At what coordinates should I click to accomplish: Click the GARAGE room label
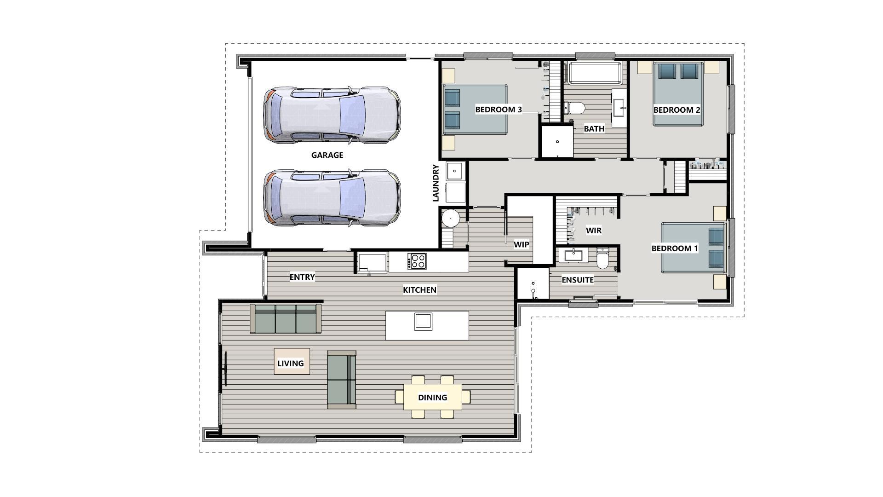[327, 155]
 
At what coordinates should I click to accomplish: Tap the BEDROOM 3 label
[498, 110]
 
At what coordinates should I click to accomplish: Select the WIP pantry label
[521, 244]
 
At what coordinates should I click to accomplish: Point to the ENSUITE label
[577, 280]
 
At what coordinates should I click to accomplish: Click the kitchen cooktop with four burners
[417, 261]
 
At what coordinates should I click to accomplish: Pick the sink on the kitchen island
[423, 321]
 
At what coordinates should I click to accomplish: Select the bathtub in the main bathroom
[595, 74]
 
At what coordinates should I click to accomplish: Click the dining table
[433, 397]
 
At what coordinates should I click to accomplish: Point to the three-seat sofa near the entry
[286, 318]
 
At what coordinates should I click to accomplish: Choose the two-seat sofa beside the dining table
[341, 380]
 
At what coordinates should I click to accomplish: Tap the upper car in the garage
[331, 115]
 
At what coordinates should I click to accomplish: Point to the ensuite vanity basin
[573, 254]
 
